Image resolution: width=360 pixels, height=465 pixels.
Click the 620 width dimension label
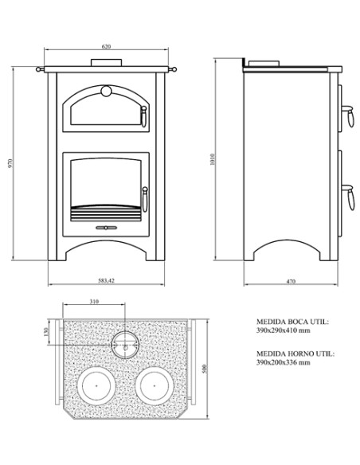(106, 46)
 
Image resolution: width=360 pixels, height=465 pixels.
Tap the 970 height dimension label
(10, 164)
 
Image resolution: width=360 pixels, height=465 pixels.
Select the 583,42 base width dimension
(106, 280)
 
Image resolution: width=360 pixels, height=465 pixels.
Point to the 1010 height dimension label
(213, 159)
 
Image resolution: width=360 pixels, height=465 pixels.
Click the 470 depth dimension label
(291, 281)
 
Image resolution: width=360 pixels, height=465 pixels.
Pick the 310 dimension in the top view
(94, 302)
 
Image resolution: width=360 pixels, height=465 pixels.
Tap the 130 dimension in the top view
(45, 331)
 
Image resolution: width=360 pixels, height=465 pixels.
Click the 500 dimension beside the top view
(204, 369)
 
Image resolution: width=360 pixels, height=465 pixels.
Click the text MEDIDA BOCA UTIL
(292, 322)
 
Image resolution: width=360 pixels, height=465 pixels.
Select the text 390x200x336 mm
(284, 362)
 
